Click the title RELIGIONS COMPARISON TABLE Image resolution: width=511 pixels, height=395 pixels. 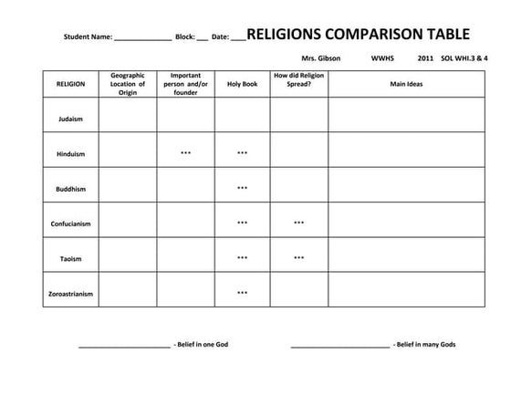pos(359,35)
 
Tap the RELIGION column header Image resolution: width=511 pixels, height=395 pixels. pos(70,84)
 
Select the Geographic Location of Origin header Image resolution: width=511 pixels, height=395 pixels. pos(128,84)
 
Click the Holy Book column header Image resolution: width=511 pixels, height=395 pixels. pos(242,84)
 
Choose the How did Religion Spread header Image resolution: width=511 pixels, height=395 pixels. pos(298,79)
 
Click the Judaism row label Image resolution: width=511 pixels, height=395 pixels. pos(70,119)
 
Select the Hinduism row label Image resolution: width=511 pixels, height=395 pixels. pos(70,153)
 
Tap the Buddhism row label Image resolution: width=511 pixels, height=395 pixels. pos(70,189)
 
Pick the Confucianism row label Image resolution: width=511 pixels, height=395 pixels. pos(70,223)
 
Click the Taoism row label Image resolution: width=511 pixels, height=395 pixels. pos(70,258)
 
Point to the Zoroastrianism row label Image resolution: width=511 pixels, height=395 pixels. pos(70,293)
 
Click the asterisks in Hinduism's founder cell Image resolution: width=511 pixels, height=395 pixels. pos(185,153)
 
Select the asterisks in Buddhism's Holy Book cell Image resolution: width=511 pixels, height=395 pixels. pos(242,188)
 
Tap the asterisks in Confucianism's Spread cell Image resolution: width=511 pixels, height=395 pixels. pos(298,223)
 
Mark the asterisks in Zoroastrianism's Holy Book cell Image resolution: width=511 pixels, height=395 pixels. pos(242,293)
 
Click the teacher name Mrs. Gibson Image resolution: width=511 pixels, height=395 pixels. pos(320,57)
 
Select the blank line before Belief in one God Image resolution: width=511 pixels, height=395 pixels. pos(124,346)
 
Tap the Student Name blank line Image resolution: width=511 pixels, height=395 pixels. pos(142,39)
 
